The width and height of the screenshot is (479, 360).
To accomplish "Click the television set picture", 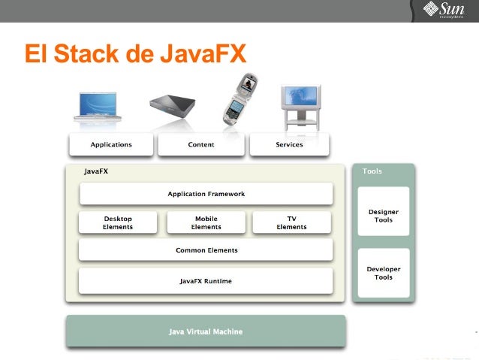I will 300,104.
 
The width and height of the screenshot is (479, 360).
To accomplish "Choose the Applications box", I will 111,144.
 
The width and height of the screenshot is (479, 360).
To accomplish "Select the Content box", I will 200,144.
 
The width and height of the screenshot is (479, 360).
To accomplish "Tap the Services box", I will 289,144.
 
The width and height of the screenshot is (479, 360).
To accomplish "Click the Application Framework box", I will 206,194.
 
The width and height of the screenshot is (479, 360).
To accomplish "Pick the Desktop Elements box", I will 118,222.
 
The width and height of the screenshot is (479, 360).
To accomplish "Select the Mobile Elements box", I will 206,222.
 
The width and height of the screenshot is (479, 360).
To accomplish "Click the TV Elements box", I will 291,222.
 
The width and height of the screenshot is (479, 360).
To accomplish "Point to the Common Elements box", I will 206,250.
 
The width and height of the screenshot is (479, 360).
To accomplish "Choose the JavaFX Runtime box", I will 206,281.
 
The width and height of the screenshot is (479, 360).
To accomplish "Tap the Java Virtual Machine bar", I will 206,331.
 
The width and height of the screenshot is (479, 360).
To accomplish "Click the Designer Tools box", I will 384,216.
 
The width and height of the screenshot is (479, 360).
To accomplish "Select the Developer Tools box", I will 384,273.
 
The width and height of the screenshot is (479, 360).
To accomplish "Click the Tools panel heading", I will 372,171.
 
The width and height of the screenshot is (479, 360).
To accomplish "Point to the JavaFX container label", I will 96,171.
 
